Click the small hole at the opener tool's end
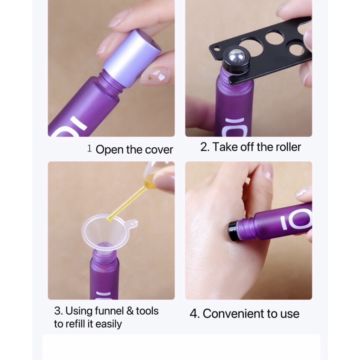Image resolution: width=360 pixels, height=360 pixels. [x=216, y=49]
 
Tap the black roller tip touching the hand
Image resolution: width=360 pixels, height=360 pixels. [x=234, y=231]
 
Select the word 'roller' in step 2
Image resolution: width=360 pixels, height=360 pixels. [x=288, y=147]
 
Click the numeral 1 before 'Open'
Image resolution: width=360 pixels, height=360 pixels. [x=90, y=149]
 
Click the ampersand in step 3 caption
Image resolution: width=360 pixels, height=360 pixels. [x=130, y=311]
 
